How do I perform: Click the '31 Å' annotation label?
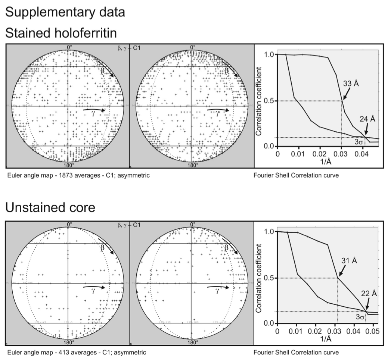[349, 260]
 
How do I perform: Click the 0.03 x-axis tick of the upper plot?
[341, 154]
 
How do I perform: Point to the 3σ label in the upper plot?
[359, 142]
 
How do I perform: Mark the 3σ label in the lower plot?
[360, 317]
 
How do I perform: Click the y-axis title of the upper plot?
[259, 100]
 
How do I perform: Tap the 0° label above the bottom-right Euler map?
[193, 224]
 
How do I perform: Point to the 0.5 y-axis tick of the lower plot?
[270, 278]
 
